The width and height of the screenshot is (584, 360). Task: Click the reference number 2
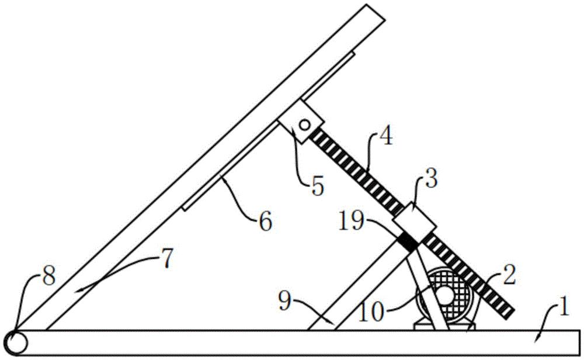click(x=509, y=277)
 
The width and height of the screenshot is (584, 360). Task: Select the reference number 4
click(x=386, y=137)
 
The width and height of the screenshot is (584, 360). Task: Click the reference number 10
click(x=371, y=312)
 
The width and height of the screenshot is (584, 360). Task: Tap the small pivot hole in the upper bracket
click(x=305, y=124)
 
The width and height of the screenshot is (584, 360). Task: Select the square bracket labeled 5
click(x=301, y=122)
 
